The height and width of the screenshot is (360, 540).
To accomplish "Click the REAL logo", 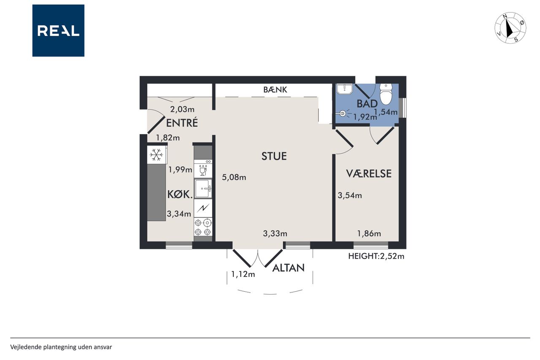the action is (x=58, y=31).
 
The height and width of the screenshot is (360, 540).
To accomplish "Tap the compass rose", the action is (x=510, y=28).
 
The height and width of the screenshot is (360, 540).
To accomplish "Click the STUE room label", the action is (x=274, y=156).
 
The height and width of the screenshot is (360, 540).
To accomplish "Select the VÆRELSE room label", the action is (x=369, y=173).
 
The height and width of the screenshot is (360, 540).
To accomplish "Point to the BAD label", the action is (x=367, y=104).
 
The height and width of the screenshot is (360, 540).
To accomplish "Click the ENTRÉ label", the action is (x=182, y=122).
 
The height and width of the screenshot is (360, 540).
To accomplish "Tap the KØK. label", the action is (x=180, y=194).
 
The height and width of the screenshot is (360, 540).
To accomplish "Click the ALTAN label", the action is (x=288, y=268).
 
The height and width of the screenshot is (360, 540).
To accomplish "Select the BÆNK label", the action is (x=275, y=90).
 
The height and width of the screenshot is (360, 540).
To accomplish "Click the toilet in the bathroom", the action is (x=386, y=94).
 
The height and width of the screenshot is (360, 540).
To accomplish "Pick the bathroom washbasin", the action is (x=345, y=89).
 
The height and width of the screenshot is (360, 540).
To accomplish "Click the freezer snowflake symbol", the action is (x=156, y=154).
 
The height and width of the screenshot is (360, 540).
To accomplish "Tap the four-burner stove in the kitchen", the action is (x=203, y=227).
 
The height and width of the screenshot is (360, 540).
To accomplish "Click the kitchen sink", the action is (x=203, y=189).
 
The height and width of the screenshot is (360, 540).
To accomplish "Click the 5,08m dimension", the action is (x=234, y=178).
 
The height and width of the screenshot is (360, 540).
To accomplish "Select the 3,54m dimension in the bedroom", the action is (x=350, y=195).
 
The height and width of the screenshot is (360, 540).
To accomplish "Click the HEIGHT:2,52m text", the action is (x=376, y=256).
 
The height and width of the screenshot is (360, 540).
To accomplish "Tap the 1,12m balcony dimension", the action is (x=243, y=274).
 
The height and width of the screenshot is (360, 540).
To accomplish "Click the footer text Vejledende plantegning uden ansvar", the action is (x=61, y=347).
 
